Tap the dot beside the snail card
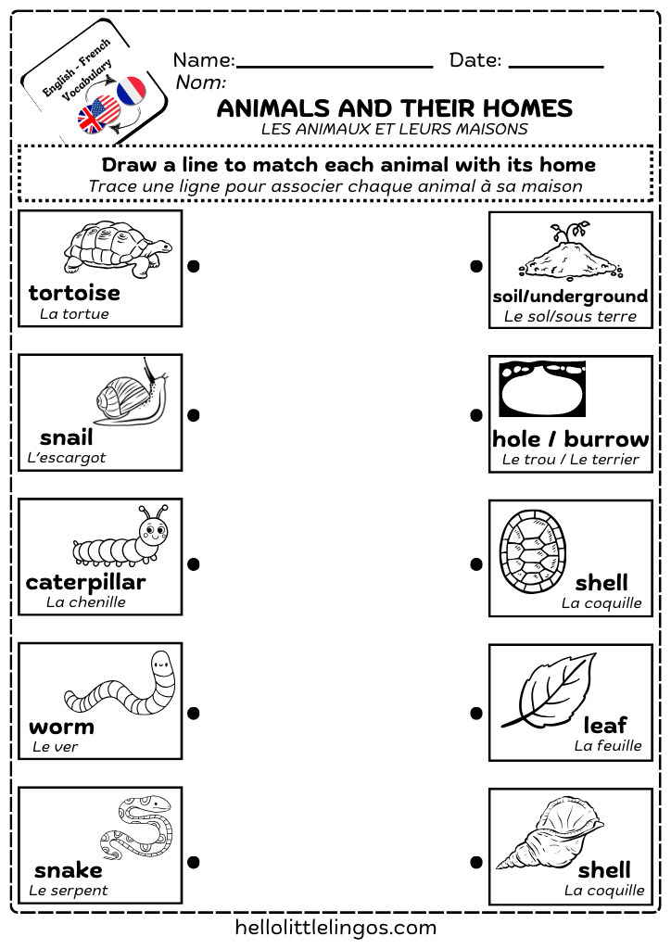(x=194, y=415)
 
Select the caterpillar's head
(x=153, y=531)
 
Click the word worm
(x=61, y=726)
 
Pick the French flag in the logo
(x=133, y=90)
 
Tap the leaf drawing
(x=550, y=691)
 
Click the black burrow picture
(x=542, y=390)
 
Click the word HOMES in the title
(x=520, y=108)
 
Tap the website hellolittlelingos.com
(x=335, y=927)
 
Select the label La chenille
(x=86, y=602)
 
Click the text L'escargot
(x=67, y=458)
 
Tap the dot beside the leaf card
(x=476, y=714)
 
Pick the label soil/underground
(x=570, y=297)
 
